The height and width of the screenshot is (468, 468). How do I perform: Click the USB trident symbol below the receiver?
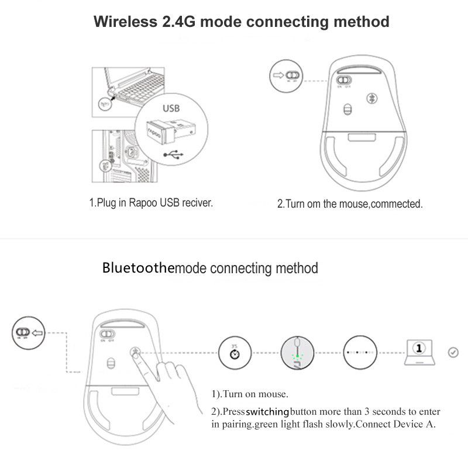pyautogui.click(x=173, y=155)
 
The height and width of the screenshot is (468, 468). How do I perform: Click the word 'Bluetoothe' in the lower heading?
pyautogui.click(x=138, y=269)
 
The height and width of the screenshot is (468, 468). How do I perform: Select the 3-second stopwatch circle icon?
pyautogui.click(x=233, y=353)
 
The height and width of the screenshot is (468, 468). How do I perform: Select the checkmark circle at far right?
pyautogui.click(x=452, y=352)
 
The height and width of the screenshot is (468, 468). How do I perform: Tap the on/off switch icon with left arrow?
pyautogui.click(x=26, y=334)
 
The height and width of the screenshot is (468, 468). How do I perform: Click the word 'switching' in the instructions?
pyautogui.click(x=267, y=412)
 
